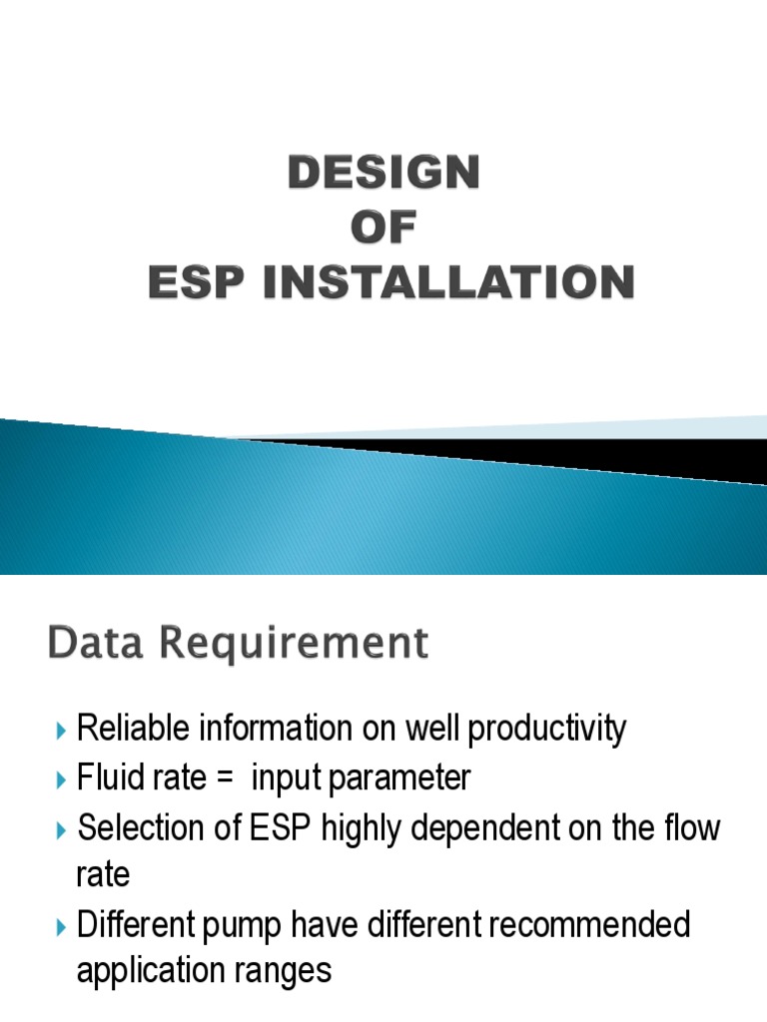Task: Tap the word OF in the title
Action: click(384, 230)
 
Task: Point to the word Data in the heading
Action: click(89, 644)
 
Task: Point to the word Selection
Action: click(127, 827)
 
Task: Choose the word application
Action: click(143, 972)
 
